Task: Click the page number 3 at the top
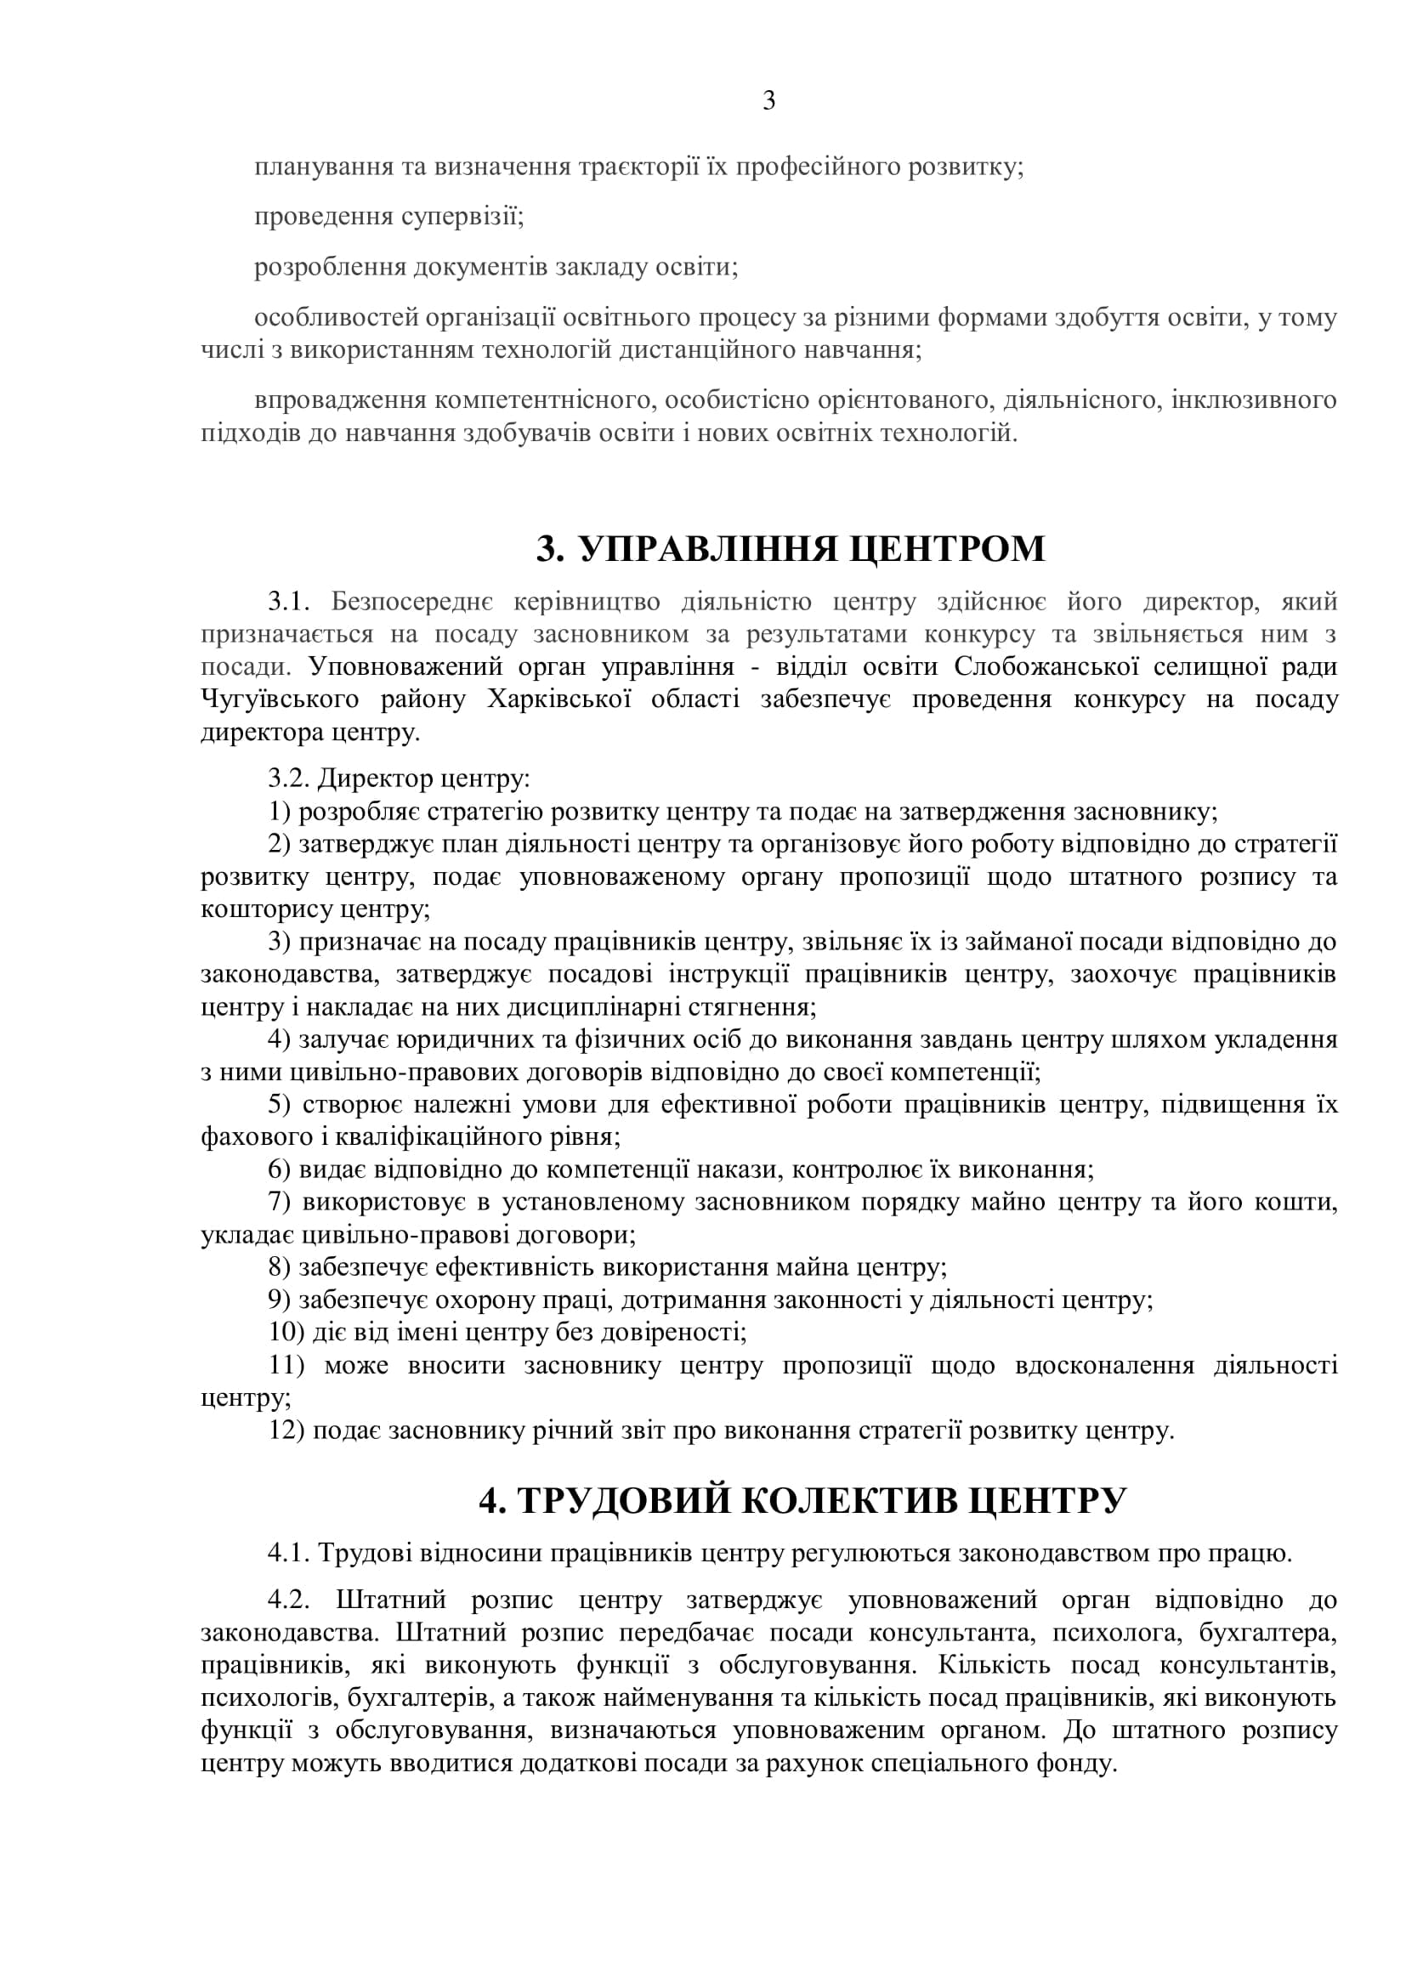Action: [x=768, y=102]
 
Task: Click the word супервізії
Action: [x=462, y=217]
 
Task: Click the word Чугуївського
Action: [x=281, y=699]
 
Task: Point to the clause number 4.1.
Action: [x=288, y=1554]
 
